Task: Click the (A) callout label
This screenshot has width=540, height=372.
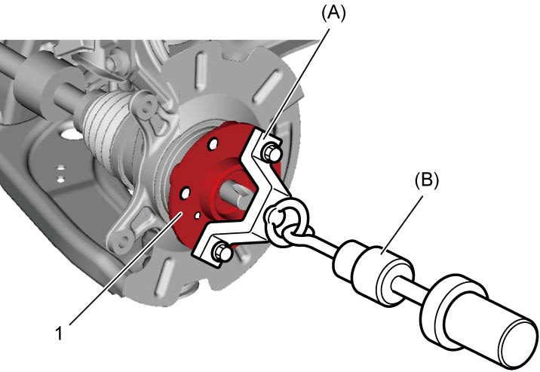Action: coord(333,14)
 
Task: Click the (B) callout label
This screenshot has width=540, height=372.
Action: coord(427,180)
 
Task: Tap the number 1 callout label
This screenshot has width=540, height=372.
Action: coord(60,334)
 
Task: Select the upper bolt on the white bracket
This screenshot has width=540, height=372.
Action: coord(272,153)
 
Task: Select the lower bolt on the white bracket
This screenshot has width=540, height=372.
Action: coord(222,253)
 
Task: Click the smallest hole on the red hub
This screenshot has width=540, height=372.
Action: coord(198,215)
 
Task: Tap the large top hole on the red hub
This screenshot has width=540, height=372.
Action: coord(213,143)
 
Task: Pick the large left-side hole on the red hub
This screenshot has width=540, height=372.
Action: coord(186,193)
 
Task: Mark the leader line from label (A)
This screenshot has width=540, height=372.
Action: coord(296,84)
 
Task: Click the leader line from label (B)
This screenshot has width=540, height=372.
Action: coord(402,226)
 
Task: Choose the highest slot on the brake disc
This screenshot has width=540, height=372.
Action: coord(201,72)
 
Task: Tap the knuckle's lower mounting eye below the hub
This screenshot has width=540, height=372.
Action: coord(121,240)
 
